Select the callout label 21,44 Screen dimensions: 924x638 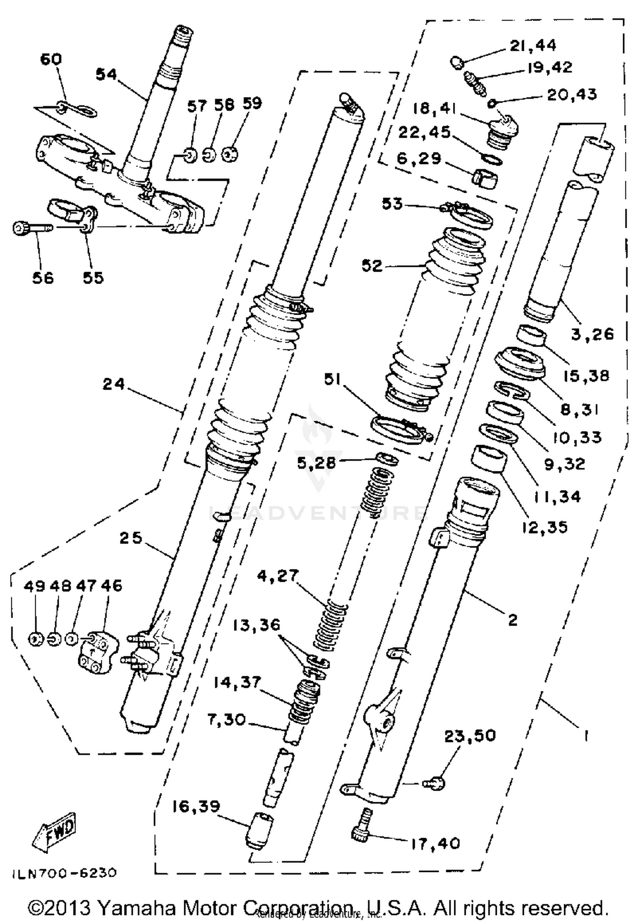533,45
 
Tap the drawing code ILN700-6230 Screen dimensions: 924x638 64,873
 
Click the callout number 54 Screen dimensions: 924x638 106,75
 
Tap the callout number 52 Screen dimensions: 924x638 372,266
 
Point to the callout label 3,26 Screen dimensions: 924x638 592,334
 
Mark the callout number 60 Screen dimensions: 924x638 51,59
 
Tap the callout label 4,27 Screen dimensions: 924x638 278,576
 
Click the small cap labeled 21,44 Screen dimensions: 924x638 457,63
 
